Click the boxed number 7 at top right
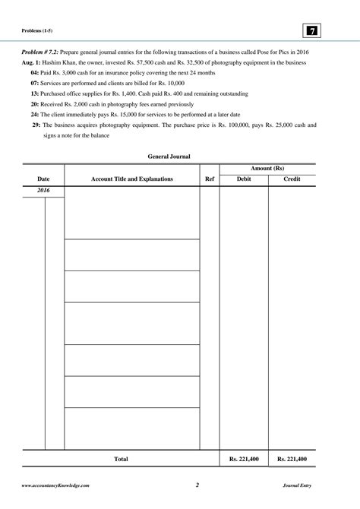(311, 30)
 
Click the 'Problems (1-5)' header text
(37, 31)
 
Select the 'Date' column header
(44, 179)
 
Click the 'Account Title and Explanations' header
(132, 179)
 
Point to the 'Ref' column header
(210, 179)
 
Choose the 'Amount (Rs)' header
(267, 168)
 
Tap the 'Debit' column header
(244, 179)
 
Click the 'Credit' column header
(292, 179)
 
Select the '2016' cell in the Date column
(44, 191)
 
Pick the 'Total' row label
(120, 459)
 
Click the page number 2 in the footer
(196, 485)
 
